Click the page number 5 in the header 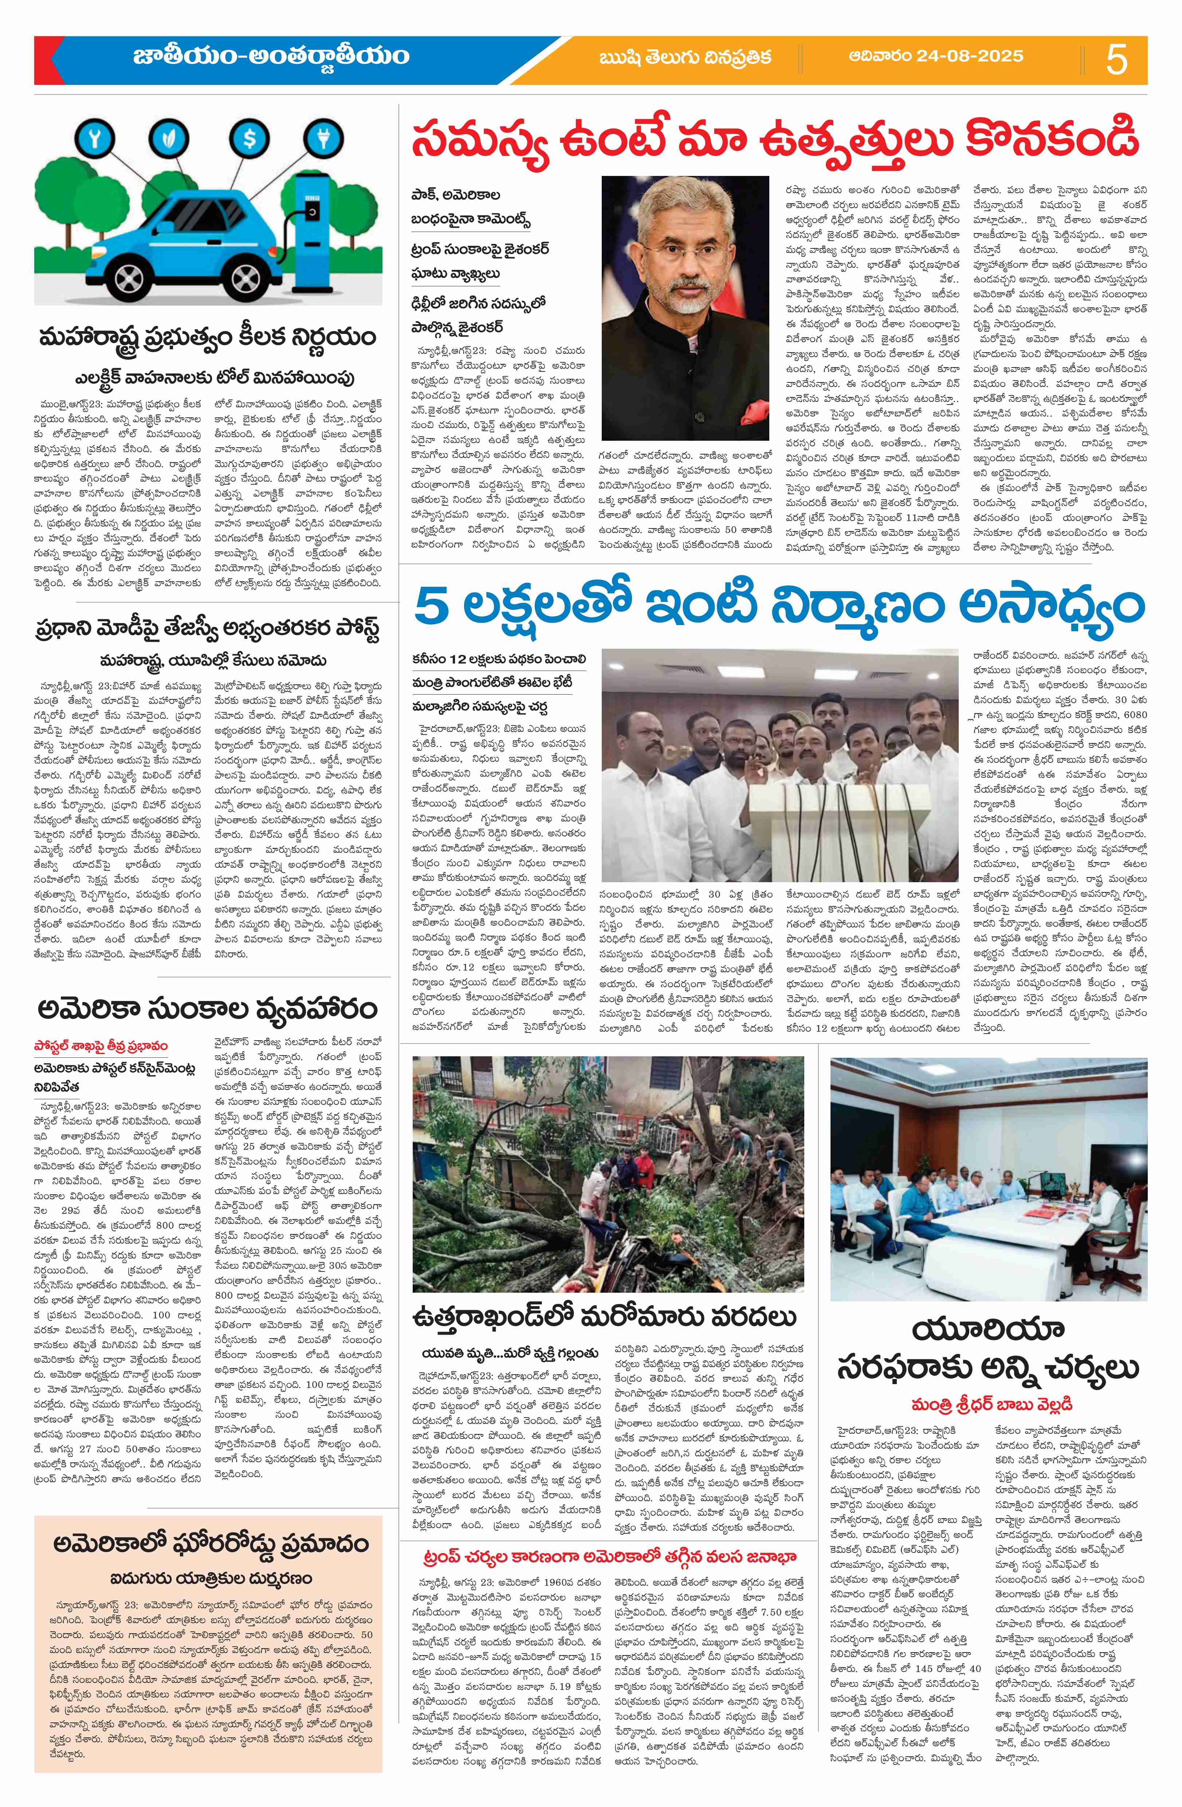pos(1117,59)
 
